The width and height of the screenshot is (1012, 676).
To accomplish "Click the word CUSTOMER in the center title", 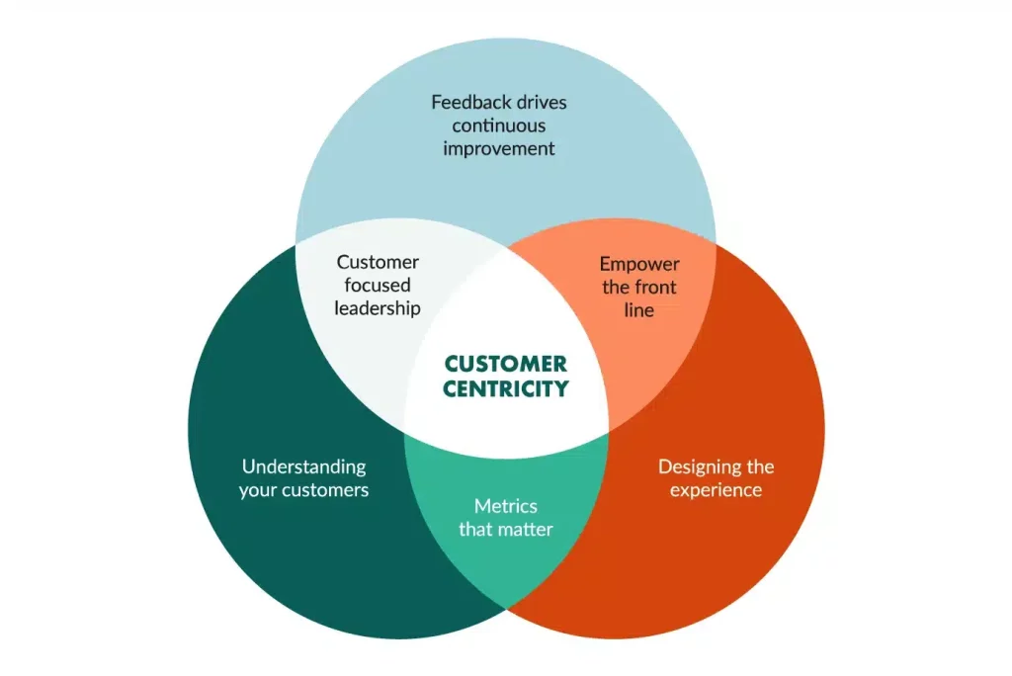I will pos(505,364).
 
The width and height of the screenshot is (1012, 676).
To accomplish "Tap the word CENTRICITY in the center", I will pos(505,388).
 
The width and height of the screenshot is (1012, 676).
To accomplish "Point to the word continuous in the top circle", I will pos(499,126).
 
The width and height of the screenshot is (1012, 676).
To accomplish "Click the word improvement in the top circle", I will pos(499,149).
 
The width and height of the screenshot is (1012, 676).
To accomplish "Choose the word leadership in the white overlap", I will pos(377,308).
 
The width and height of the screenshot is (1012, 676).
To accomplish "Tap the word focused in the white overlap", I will pos(377,286).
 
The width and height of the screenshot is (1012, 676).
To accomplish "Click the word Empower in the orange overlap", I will pos(639,264).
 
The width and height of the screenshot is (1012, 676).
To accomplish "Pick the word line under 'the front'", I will pos(639,310).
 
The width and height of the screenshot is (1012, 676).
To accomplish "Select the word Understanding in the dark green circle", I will pos(303,466).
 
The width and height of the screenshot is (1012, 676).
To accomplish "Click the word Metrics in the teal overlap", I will pos(505,506).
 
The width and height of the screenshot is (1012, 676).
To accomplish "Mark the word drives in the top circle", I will pos(540,102).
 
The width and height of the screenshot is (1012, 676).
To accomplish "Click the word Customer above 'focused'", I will pos(377,262).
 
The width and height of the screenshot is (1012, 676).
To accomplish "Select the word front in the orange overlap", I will pos(655,288).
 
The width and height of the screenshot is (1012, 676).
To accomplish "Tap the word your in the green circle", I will pos(258,490).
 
